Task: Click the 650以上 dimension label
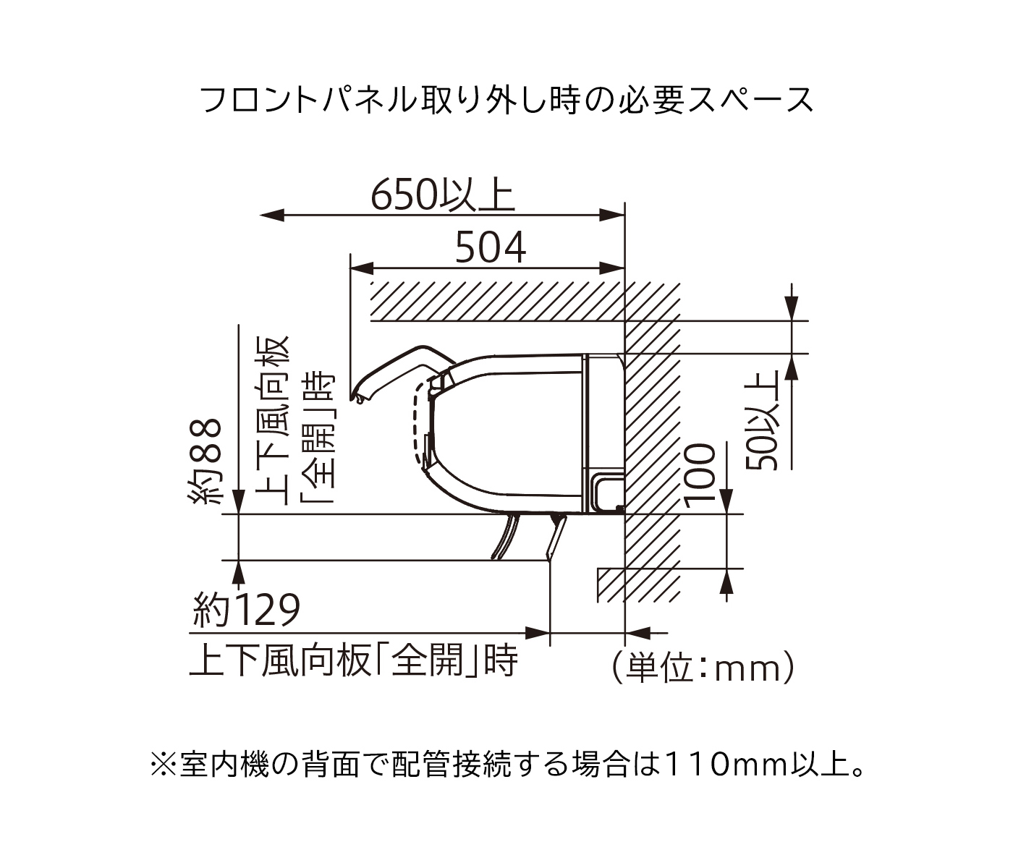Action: pos(443,195)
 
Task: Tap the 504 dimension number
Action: pos(491,248)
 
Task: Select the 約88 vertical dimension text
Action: pos(205,461)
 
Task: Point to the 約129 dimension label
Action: pos(246,610)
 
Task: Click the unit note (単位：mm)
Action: pos(703,667)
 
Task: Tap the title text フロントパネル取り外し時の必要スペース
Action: pos(507,101)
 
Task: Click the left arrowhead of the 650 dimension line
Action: pos(272,215)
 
